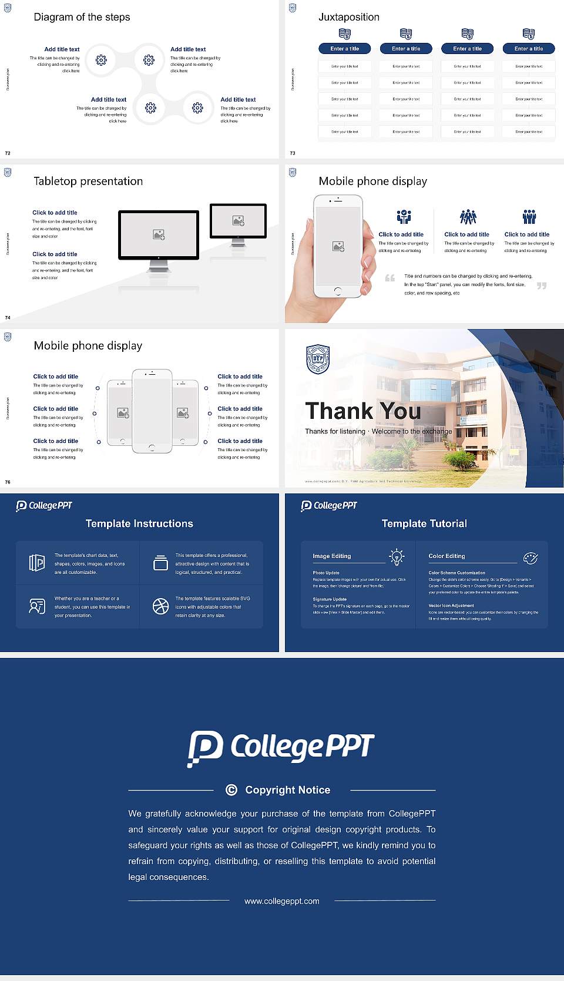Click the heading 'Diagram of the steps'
[82, 17]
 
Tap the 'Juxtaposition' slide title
[348, 17]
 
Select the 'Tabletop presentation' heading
[88, 182]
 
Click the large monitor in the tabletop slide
[159, 235]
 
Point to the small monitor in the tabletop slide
[238, 221]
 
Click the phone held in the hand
[338, 246]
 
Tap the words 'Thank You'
[362, 411]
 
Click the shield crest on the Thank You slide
[318, 359]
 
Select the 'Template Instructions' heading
[139, 523]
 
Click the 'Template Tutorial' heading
[424, 523]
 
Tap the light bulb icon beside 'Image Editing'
[397, 557]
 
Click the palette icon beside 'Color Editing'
[531, 557]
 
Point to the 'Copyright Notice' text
[287, 790]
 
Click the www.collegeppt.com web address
[282, 901]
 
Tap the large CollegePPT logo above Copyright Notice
[281, 748]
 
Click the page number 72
[8, 153]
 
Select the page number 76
[8, 482]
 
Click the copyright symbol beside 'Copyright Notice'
[231, 790]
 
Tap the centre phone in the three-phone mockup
[152, 411]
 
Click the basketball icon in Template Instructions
[160, 606]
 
